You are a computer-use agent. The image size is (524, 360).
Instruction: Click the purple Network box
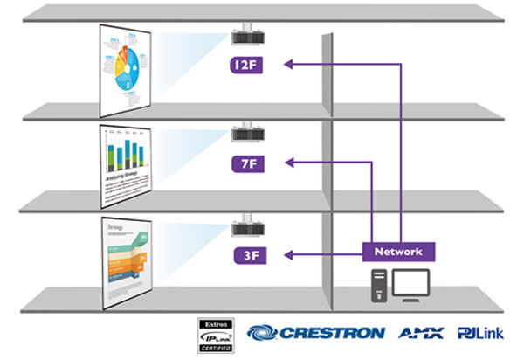pos(398,252)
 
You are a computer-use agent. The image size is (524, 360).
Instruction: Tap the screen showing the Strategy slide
pos(128,259)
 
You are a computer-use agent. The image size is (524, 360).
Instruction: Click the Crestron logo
pos(315,333)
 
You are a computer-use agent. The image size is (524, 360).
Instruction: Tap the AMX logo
pos(421,333)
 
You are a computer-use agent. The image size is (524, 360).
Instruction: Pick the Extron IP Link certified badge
pos(215,335)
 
